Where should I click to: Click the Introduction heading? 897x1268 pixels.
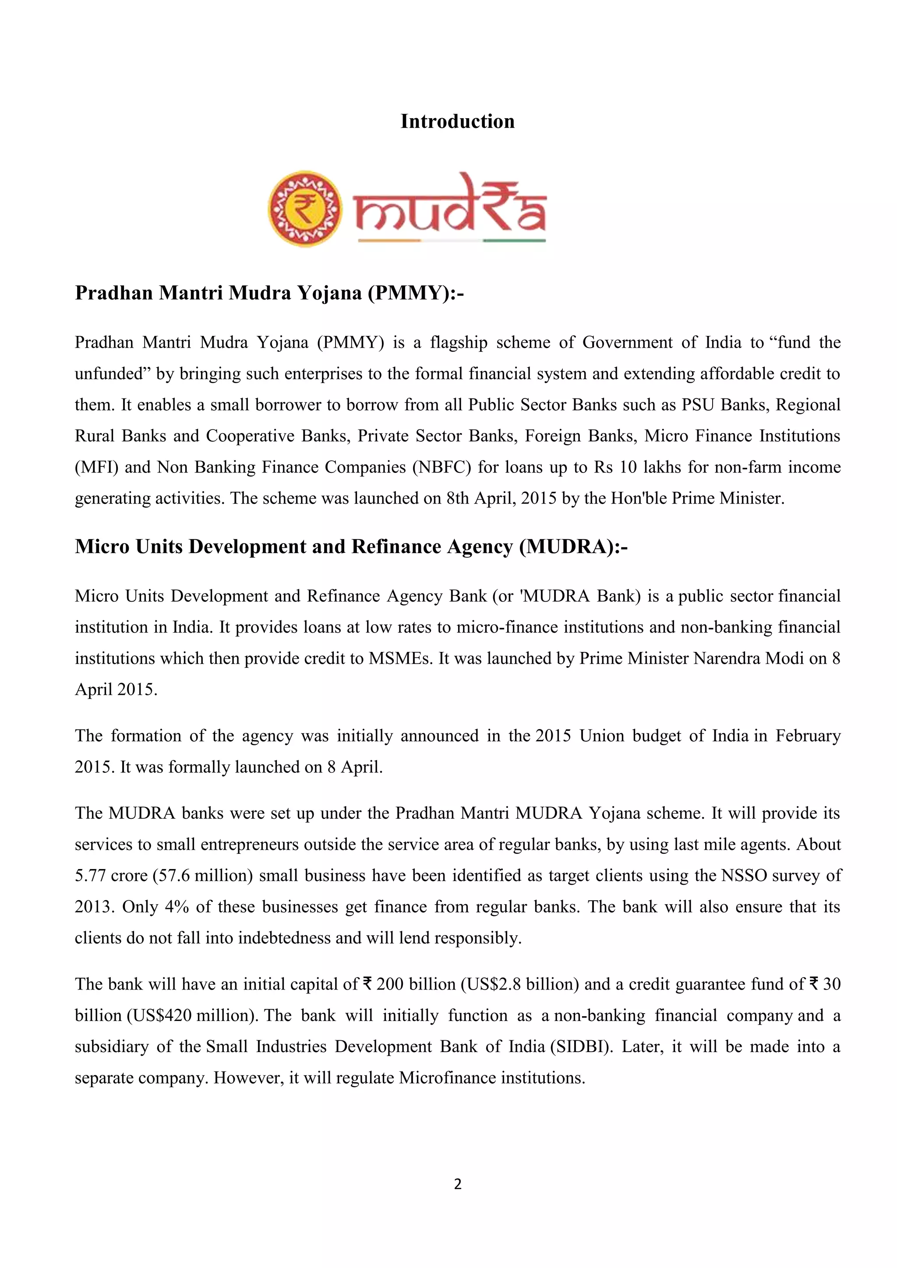457,121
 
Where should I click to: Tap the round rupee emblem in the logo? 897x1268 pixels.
305,209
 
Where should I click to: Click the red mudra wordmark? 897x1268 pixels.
450,207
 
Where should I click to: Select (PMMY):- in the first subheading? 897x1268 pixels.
416,293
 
